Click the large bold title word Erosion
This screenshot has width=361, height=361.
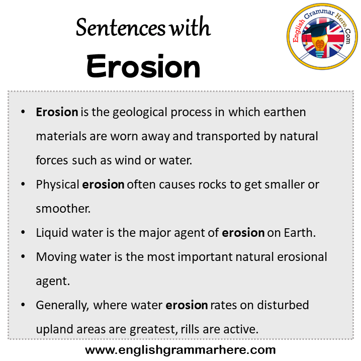(143, 66)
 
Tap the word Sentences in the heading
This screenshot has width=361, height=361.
(121, 28)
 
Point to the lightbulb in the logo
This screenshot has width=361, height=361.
(319, 46)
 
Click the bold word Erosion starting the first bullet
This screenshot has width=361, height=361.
(57, 112)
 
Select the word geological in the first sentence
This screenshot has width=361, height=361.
(140, 113)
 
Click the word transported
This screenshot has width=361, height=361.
(228, 137)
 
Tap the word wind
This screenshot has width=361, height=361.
(128, 160)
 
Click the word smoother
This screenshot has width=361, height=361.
(63, 209)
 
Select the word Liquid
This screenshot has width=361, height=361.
(52, 233)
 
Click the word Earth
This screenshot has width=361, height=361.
(299, 233)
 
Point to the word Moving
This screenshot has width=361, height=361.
(56, 257)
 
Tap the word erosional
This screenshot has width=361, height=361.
(302, 257)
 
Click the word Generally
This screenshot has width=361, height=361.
(62, 306)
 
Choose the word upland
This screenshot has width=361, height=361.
(55, 330)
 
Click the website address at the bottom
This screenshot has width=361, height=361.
(180, 350)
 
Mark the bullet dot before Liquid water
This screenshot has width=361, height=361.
(23, 232)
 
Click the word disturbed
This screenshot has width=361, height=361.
(283, 305)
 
